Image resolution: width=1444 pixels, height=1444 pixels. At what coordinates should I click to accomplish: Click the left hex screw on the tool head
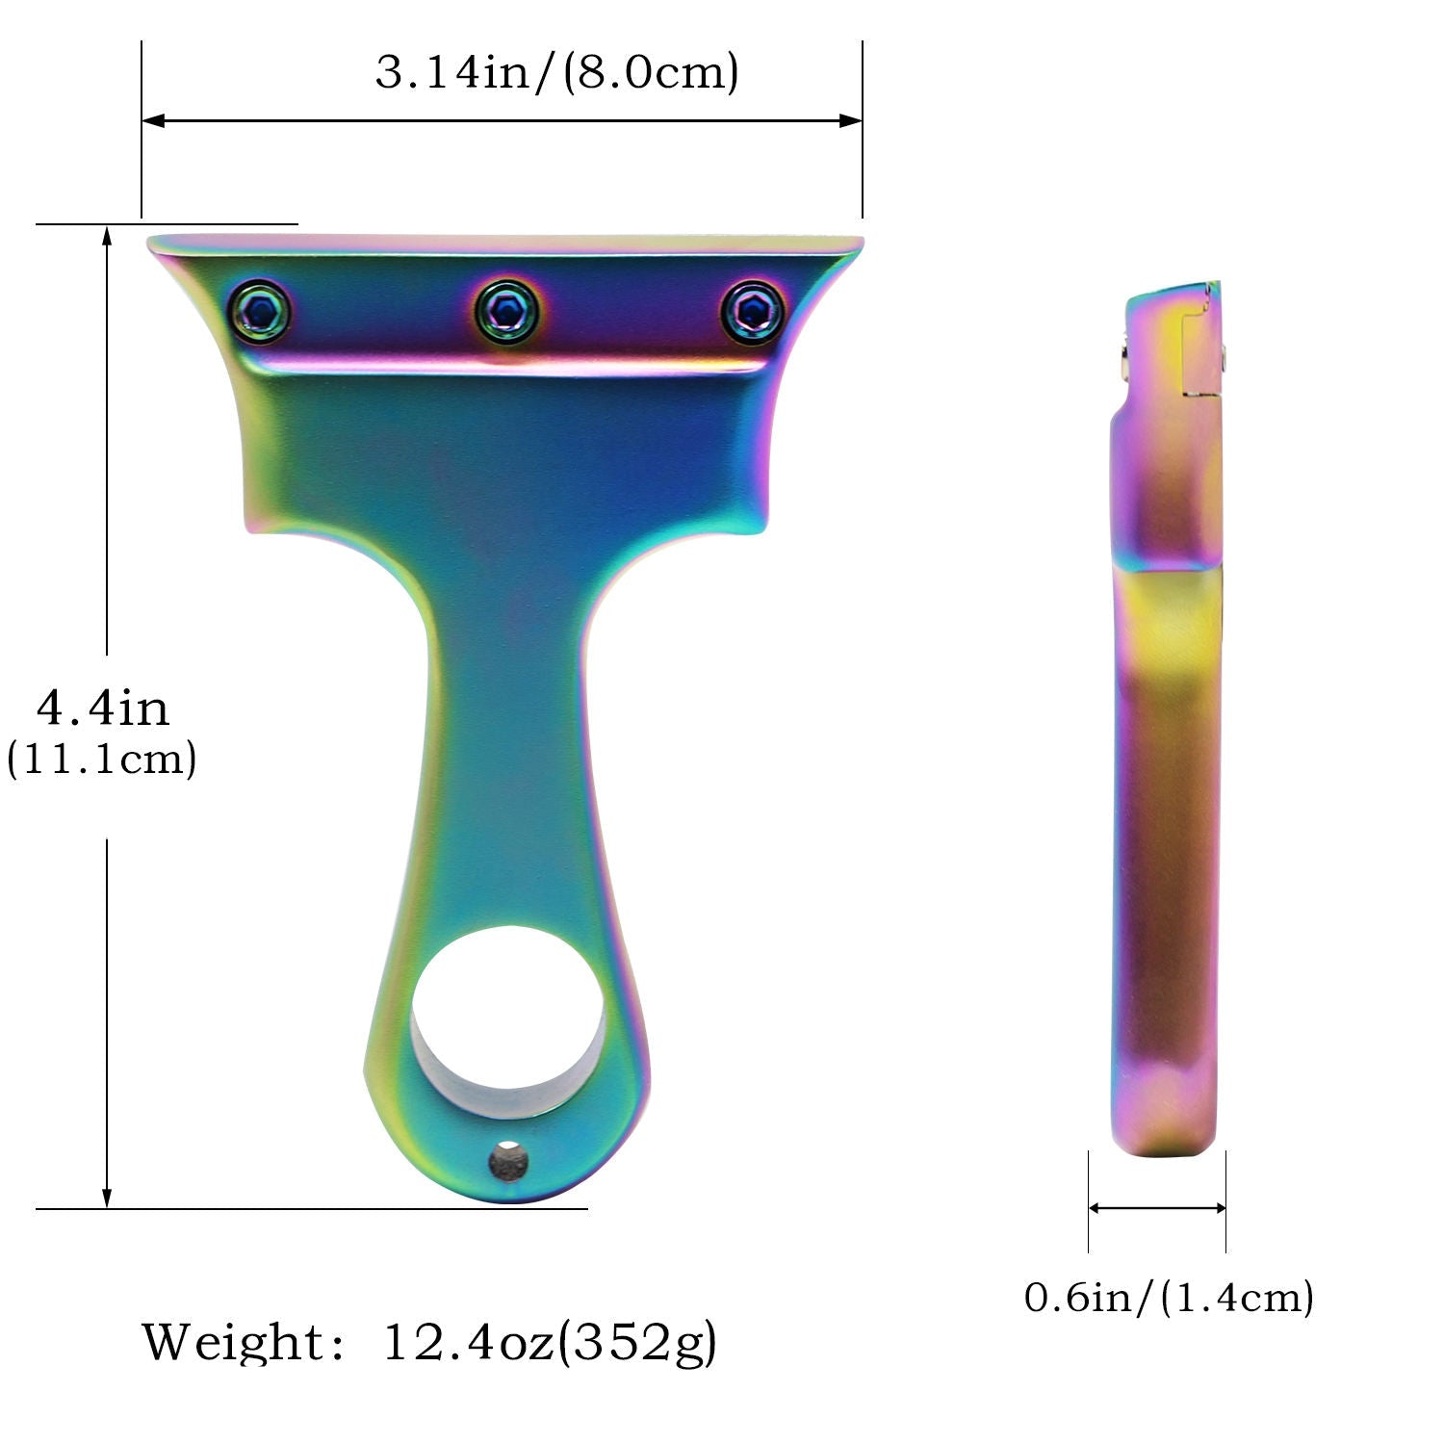260,310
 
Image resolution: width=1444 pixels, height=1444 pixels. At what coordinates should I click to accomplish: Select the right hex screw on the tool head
753,310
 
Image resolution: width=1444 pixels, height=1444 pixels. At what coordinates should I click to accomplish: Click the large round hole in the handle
507,1011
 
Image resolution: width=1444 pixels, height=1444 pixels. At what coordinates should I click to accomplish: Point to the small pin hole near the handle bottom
507,1161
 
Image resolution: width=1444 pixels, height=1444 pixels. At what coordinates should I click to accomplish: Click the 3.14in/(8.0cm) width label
556,73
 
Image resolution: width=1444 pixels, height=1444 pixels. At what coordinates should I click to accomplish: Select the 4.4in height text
102,709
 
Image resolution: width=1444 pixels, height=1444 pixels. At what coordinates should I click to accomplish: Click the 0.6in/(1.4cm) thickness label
1169,1298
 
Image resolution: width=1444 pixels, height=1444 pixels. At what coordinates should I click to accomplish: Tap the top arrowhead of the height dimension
107,237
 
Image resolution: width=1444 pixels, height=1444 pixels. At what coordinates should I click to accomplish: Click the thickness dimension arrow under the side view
1157,1208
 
